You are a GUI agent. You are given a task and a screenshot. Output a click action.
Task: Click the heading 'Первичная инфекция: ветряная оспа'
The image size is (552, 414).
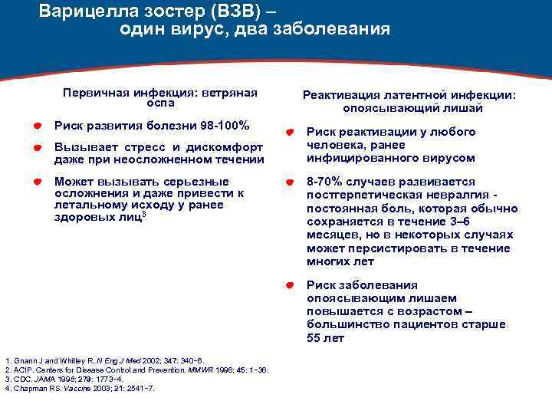160,97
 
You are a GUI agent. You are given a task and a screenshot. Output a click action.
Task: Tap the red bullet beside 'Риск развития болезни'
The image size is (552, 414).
37,125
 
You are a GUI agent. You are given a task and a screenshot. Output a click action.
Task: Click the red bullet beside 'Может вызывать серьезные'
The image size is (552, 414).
37,182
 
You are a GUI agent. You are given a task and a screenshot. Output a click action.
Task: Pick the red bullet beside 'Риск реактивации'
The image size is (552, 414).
290,132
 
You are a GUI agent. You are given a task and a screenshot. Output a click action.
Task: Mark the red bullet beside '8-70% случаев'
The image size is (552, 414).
290,182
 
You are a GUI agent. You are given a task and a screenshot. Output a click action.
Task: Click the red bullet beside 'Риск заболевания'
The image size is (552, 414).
290,284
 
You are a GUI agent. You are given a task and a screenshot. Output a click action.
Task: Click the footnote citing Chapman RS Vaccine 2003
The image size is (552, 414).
80,388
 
